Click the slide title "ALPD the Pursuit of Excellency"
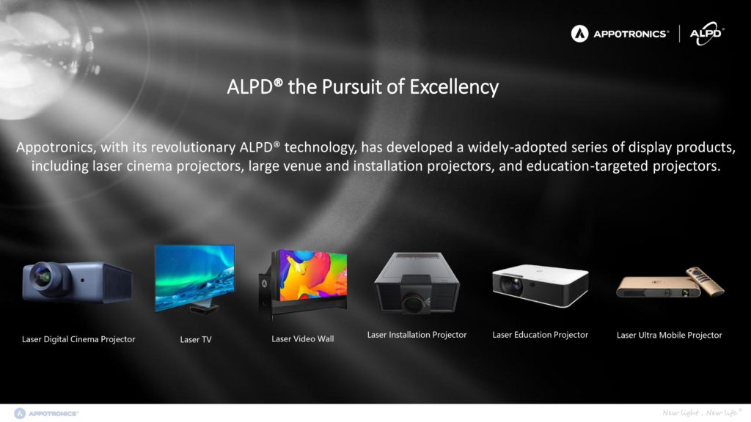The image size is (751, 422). tap(362, 87)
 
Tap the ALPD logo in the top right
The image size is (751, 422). tap(707, 34)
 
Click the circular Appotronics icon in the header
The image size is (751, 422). tap(579, 34)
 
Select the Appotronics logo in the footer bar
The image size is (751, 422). tap(46, 413)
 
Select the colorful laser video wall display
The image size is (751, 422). tap(313, 275)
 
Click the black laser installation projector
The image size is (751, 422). tap(417, 283)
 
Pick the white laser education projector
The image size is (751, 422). tap(541, 285)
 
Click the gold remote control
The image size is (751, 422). tap(706, 281)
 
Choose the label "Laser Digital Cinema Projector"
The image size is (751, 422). tap(78, 339)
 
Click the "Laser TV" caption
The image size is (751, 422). tap(195, 340)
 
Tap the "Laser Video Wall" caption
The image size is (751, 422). tap(303, 338)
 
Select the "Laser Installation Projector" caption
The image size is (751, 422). tap(417, 335)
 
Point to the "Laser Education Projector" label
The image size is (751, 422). tap(541, 335)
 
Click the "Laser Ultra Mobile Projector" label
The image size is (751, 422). tap(669, 336)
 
